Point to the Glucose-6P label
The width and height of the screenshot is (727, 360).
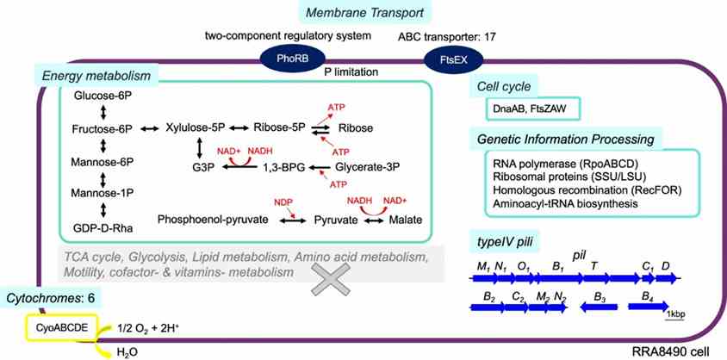[x=102, y=96]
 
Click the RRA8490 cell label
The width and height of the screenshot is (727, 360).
[x=673, y=352]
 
